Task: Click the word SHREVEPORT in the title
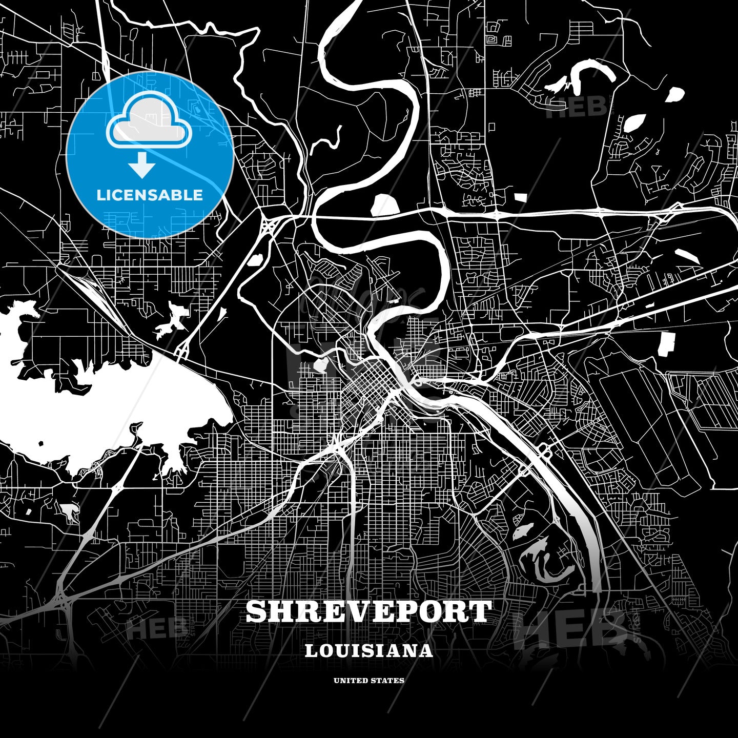coord(368,611)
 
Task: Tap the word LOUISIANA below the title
coord(368,651)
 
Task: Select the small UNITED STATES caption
coord(368,681)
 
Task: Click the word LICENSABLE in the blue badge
coord(150,195)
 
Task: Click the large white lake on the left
coord(102,405)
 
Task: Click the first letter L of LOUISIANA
coord(311,651)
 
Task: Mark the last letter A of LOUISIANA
coord(426,651)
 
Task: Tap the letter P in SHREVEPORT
coord(404,611)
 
